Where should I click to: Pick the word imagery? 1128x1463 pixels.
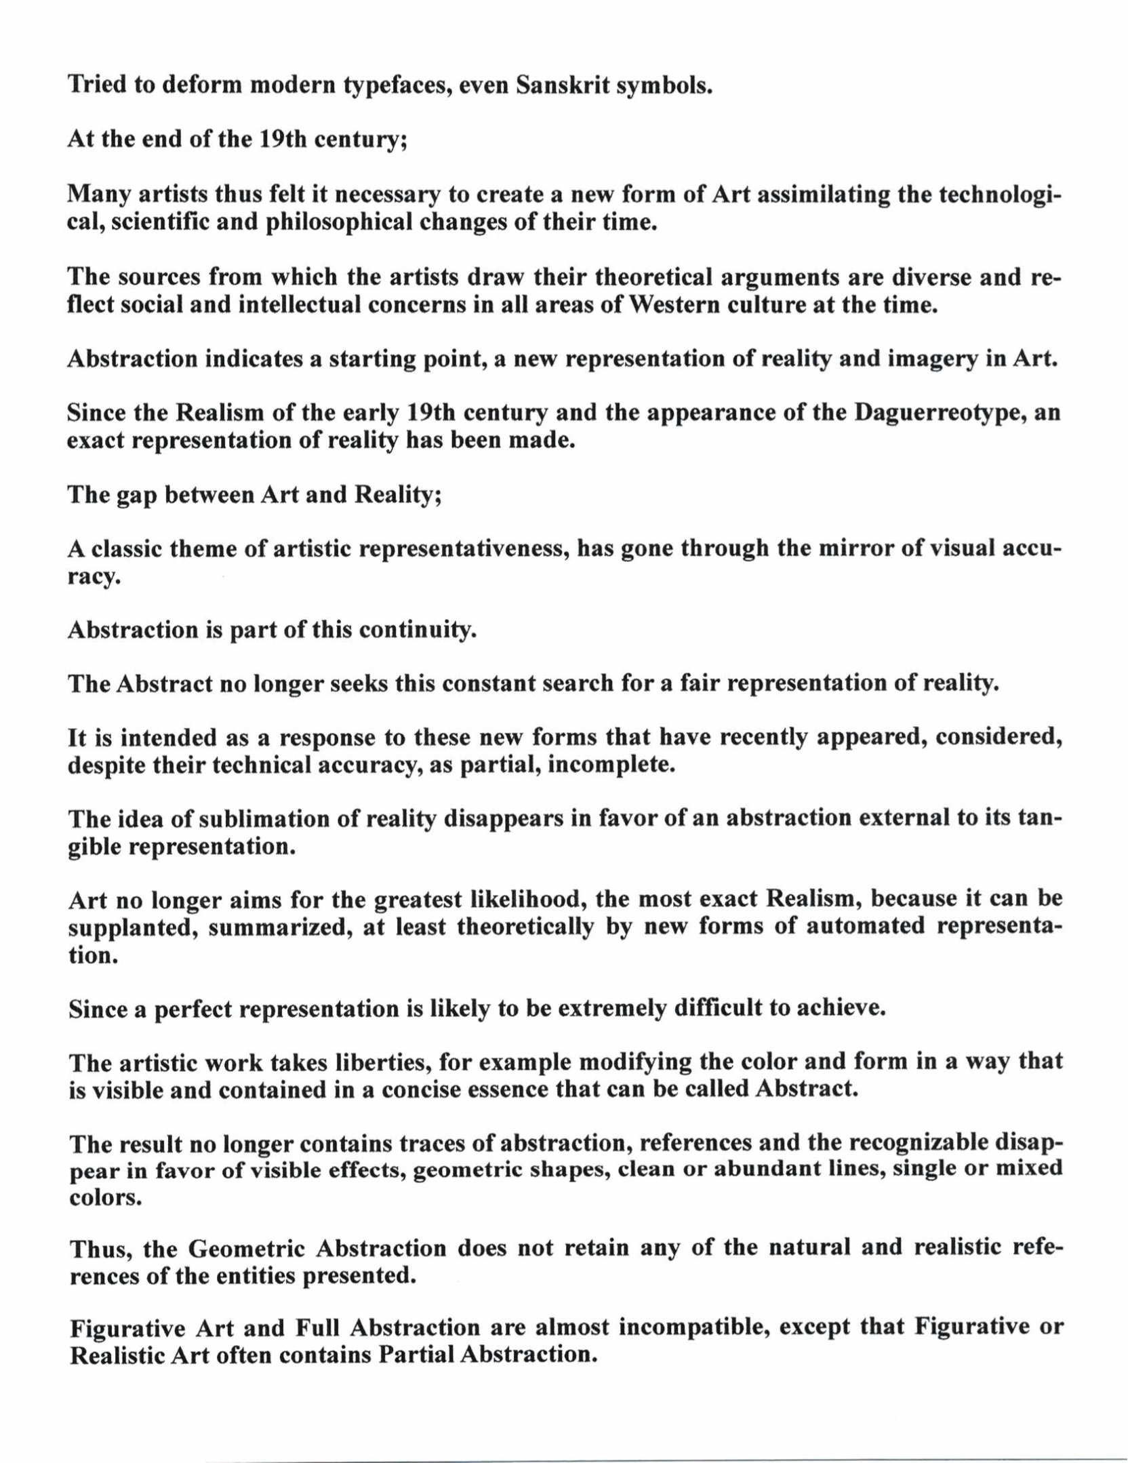point(931,359)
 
